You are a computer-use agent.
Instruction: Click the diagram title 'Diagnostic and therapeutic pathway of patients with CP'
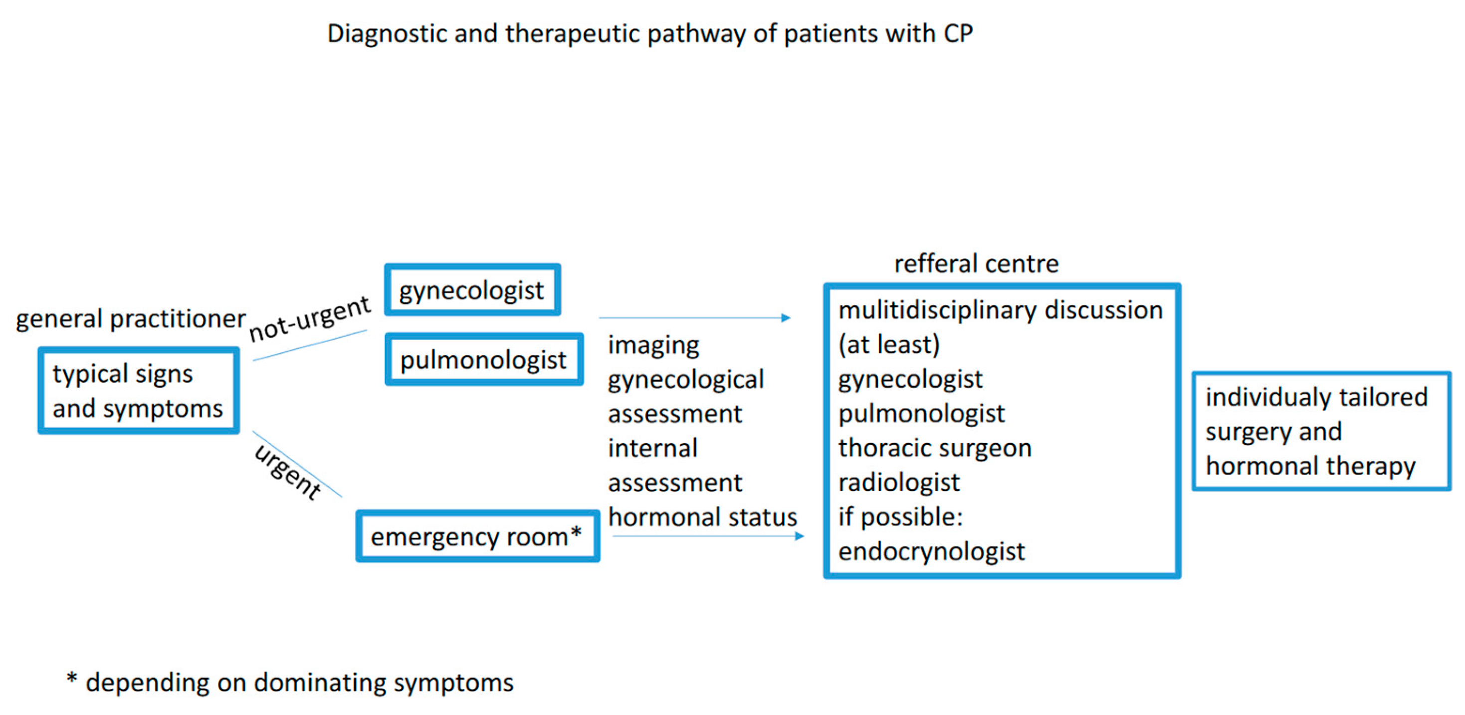coord(649,34)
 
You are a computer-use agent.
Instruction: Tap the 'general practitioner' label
coord(130,318)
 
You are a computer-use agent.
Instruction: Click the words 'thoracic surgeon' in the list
coord(935,448)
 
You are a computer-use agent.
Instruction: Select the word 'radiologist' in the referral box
coord(898,482)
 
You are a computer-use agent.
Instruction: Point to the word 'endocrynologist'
coord(932,551)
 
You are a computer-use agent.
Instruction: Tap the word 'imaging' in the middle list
coord(653,345)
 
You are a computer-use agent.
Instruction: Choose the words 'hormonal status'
coord(702,517)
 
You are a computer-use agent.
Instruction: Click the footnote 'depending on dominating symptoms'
coord(299,683)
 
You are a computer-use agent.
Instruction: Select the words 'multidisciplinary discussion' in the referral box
coord(1001,310)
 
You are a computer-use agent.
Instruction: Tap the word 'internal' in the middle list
coord(652,448)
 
